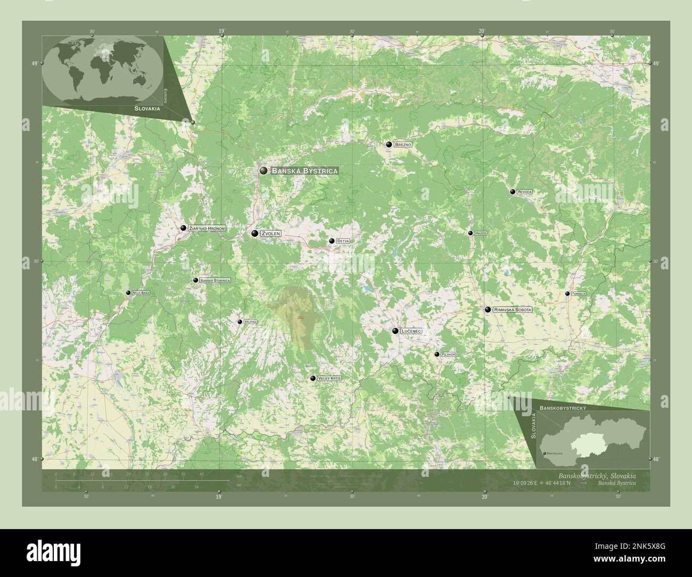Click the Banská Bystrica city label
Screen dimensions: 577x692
[x=304, y=171]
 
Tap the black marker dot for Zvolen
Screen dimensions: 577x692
[x=255, y=233]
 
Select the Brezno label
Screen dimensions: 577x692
[x=403, y=144]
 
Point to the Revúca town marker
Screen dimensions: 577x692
[x=513, y=192]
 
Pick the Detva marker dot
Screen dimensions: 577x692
[x=332, y=241]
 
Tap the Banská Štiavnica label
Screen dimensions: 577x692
[x=215, y=281]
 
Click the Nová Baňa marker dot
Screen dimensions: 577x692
[x=128, y=293]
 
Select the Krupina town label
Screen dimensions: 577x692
[x=250, y=322]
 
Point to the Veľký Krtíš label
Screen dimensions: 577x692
[x=329, y=378]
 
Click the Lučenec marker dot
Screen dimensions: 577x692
[x=396, y=331]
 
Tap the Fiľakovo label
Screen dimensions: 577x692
[x=450, y=355]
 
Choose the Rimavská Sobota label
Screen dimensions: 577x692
[x=513, y=310]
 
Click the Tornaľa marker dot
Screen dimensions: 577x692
[x=567, y=294]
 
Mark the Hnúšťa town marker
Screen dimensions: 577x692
[x=471, y=233]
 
